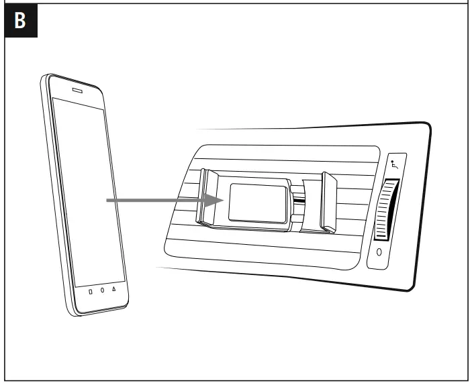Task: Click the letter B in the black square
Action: pos(20,21)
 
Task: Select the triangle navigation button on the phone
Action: pos(113,290)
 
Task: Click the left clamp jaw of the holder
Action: pos(207,198)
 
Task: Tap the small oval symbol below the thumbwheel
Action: pos(379,252)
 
